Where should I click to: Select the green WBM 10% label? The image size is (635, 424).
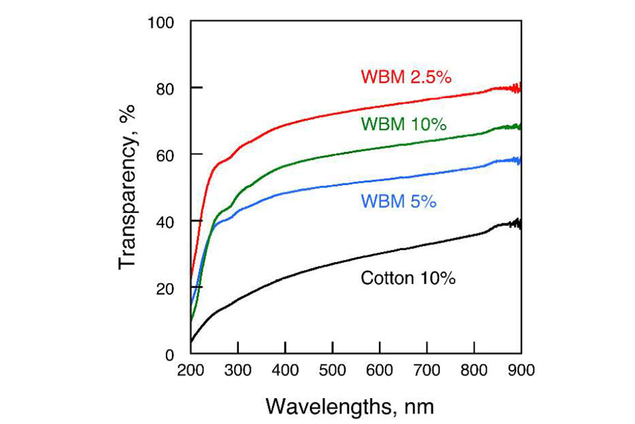[404, 124]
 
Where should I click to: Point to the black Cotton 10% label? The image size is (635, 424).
[408, 279]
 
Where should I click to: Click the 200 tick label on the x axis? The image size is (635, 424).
[191, 371]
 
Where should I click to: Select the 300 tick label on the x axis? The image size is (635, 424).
[238, 371]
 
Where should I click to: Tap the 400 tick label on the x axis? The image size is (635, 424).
[285, 371]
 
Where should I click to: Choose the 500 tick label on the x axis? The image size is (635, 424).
[333, 371]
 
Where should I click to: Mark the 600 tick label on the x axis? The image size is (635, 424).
[380, 371]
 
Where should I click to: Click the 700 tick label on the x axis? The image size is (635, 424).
[427, 371]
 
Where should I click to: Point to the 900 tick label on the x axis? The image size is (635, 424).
[521, 371]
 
